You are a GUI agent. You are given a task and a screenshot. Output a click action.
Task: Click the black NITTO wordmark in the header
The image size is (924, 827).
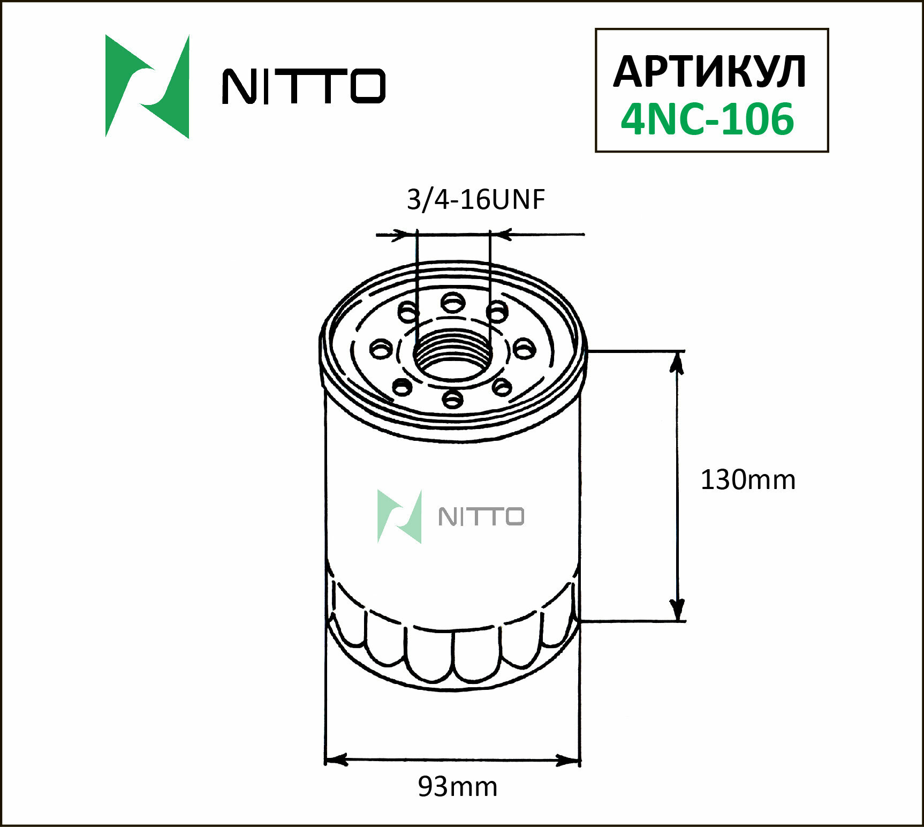pyautogui.click(x=304, y=86)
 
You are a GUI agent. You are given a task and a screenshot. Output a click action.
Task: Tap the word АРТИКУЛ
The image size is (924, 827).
pyautogui.click(x=709, y=71)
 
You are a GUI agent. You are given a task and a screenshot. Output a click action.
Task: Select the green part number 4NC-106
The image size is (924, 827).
pyautogui.click(x=707, y=119)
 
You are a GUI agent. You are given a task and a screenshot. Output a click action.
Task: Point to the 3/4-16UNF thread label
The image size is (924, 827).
pyautogui.click(x=475, y=199)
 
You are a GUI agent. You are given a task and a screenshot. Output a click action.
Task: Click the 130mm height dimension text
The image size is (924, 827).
pyautogui.click(x=747, y=479)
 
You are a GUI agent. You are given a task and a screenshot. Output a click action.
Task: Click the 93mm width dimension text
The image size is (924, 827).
pyautogui.click(x=457, y=786)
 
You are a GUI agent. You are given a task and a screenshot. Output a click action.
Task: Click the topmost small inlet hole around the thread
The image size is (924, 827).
pyautogui.click(x=453, y=303)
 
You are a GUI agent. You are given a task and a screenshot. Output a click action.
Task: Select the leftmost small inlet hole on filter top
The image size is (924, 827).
pyautogui.click(x=381, y=349)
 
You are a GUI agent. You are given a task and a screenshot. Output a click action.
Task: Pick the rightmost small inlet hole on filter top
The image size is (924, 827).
pyautogui.click(x=524, y=349)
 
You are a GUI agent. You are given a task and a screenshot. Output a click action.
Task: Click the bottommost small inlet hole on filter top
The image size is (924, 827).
pyautogui.click(x=453, y=399)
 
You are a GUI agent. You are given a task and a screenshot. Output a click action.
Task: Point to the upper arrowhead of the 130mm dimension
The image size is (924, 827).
pyautogui.click(x=677, y=362)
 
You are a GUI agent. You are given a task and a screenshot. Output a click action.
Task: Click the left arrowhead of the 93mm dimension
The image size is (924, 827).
pyautogui.click(x=335, y=760)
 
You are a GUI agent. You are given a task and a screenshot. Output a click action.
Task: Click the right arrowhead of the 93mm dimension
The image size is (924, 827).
pyautogui.click(x=570, y=760)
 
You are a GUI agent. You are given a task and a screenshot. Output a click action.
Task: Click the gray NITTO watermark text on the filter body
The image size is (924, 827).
pyautogui.click(x=481, y=517)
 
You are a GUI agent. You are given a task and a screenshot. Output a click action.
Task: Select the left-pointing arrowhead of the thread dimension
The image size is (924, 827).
pyautogui.click(x=503, y=234)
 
